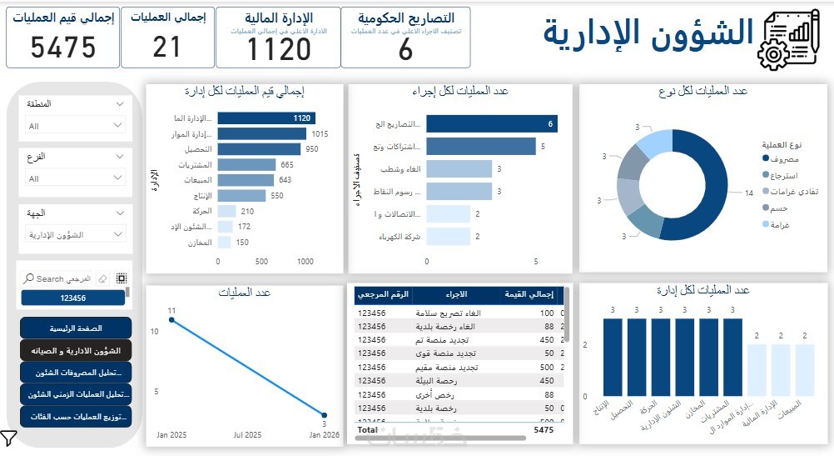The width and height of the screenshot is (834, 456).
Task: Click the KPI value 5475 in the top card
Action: [x=63, y=48]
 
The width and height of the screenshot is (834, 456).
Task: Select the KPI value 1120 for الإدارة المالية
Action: [x=278, y=49]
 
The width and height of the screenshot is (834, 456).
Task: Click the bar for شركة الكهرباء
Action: [x=447, y=237]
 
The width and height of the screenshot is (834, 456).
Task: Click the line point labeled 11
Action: [x=171, y=319]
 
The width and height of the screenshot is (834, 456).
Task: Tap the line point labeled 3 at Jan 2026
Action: [x=324, y=413]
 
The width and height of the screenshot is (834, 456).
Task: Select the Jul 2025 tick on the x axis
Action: [x=247, y=435]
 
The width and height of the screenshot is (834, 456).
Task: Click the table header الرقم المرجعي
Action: [x=383, y=294]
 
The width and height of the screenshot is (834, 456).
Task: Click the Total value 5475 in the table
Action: [x=543, y=430]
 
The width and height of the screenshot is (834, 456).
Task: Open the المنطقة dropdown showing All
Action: [x=76, y=126]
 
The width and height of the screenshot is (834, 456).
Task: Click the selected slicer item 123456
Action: [x=72, y=298]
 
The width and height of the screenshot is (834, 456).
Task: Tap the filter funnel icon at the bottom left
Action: [x=9, y=438]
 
